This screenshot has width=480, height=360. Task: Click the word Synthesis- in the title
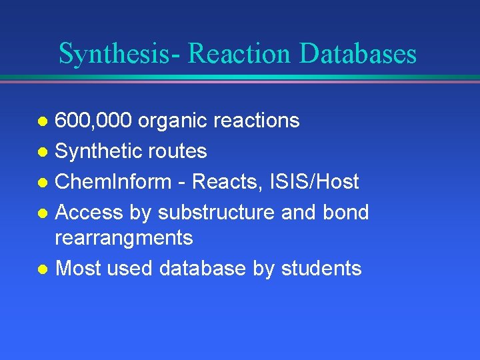point(119,54)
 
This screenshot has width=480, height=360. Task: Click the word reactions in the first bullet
point(257,121)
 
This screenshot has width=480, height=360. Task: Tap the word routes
point(179,151)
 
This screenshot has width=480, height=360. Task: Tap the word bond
point(345,213)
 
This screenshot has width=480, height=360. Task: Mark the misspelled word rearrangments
point(123,238)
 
